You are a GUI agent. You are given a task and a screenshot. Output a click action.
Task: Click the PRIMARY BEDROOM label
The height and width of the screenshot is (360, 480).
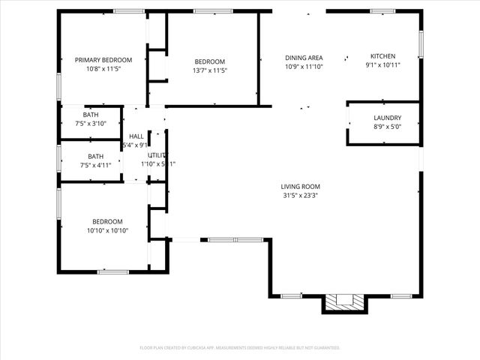[x=103, y=60]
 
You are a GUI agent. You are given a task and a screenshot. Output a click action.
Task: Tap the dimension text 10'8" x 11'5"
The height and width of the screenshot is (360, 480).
[x=103, y=69]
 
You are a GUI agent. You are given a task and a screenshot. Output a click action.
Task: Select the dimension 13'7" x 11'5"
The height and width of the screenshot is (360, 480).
[x=210, y=70]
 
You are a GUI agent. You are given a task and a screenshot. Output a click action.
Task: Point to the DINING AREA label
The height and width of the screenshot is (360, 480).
[x=304, y=58]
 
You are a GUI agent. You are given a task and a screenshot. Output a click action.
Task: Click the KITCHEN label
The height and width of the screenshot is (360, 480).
[x=382, y=56]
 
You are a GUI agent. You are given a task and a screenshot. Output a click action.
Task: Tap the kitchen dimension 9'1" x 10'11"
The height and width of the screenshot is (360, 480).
[x=382, y=65]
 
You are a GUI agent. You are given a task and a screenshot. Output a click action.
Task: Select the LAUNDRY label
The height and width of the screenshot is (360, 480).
[x=387, y=118]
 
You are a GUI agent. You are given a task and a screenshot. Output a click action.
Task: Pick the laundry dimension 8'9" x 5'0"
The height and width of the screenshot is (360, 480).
[x=387, y=127]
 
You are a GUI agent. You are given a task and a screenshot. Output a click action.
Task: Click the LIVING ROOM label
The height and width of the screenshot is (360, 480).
[x=301, y=187]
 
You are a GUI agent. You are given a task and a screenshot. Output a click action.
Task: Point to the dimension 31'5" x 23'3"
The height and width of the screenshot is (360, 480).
[x=301, y=196]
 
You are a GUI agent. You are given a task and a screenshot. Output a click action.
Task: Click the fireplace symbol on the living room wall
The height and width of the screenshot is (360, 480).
[x=346, y=302]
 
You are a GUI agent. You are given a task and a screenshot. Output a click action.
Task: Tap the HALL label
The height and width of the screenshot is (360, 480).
[x=136, y=136]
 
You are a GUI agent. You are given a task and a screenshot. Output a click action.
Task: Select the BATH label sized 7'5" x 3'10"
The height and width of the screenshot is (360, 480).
[x=91, y=115]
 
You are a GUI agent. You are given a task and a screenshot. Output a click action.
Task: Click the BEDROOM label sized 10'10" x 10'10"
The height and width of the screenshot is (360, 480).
[x=107, y=222]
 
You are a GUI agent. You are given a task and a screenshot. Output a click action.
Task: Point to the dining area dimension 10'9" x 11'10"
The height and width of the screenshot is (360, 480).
[x=304, y=67]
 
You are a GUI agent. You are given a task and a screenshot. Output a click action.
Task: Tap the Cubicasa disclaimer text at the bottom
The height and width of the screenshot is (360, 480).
[x=240, y=347]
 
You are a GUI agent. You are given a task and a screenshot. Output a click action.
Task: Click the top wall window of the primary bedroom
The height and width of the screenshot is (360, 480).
[x=129, y=10]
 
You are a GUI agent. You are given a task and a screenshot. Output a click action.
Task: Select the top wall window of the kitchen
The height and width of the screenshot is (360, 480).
[x=382, y=10]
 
